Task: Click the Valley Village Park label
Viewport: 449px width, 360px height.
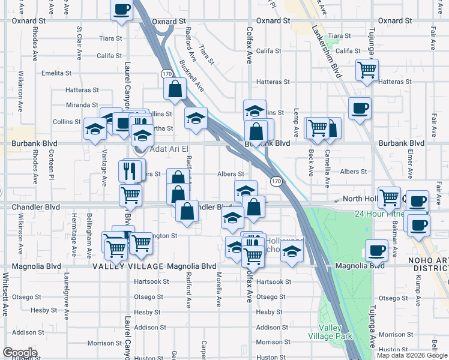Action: (x=327, y=332)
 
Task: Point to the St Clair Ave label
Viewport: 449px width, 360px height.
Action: (x=79, y=43)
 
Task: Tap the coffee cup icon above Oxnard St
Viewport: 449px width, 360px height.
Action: (x=122, y=10)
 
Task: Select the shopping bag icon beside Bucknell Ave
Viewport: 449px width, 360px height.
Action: (x=174, y=89)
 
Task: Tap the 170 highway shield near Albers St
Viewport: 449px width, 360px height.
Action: (x=276, y=181)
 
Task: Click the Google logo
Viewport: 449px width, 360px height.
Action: (x=20, y=353)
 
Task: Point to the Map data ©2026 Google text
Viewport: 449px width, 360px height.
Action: (x=412, y=355)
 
